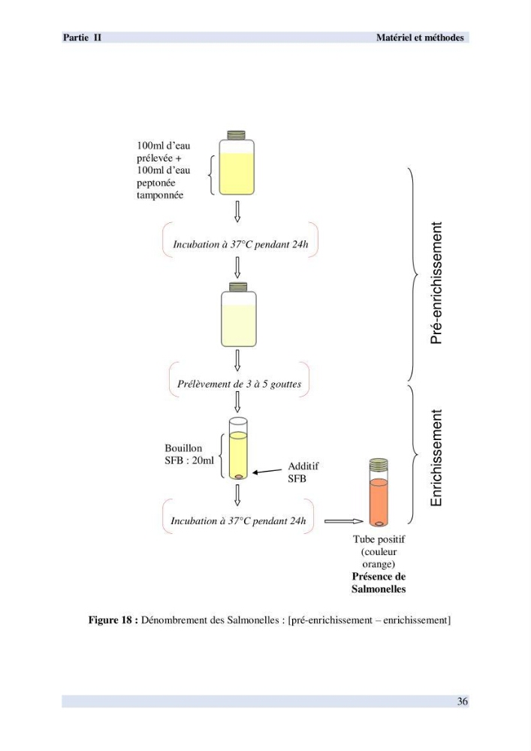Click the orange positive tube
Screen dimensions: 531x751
pos(379,493)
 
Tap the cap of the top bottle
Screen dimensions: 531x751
pos(237,135)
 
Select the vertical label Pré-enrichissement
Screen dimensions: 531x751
pos(436,282)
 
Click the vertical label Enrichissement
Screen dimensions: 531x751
pos(436,458)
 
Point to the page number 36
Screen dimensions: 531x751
pos(462,701)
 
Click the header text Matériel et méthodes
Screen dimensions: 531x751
pos(420,38)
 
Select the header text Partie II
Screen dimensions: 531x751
pos(82,38)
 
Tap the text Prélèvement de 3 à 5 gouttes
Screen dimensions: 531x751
pos(240,384)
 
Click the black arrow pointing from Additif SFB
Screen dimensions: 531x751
pos(267,472)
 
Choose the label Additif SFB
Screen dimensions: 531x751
pos(303,472)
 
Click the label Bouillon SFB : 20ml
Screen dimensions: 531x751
pos(189,454)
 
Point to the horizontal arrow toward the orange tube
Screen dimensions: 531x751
pos(344,521)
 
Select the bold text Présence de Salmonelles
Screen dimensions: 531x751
pos(379,583)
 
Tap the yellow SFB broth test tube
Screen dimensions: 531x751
pos(238,448)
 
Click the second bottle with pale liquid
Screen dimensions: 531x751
pos(238,315)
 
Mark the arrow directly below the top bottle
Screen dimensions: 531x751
pos(237,211)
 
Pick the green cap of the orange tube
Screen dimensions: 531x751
pos(379,464)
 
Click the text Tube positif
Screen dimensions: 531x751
pos(379,539)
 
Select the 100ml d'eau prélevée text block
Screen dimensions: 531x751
pos(163,170)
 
